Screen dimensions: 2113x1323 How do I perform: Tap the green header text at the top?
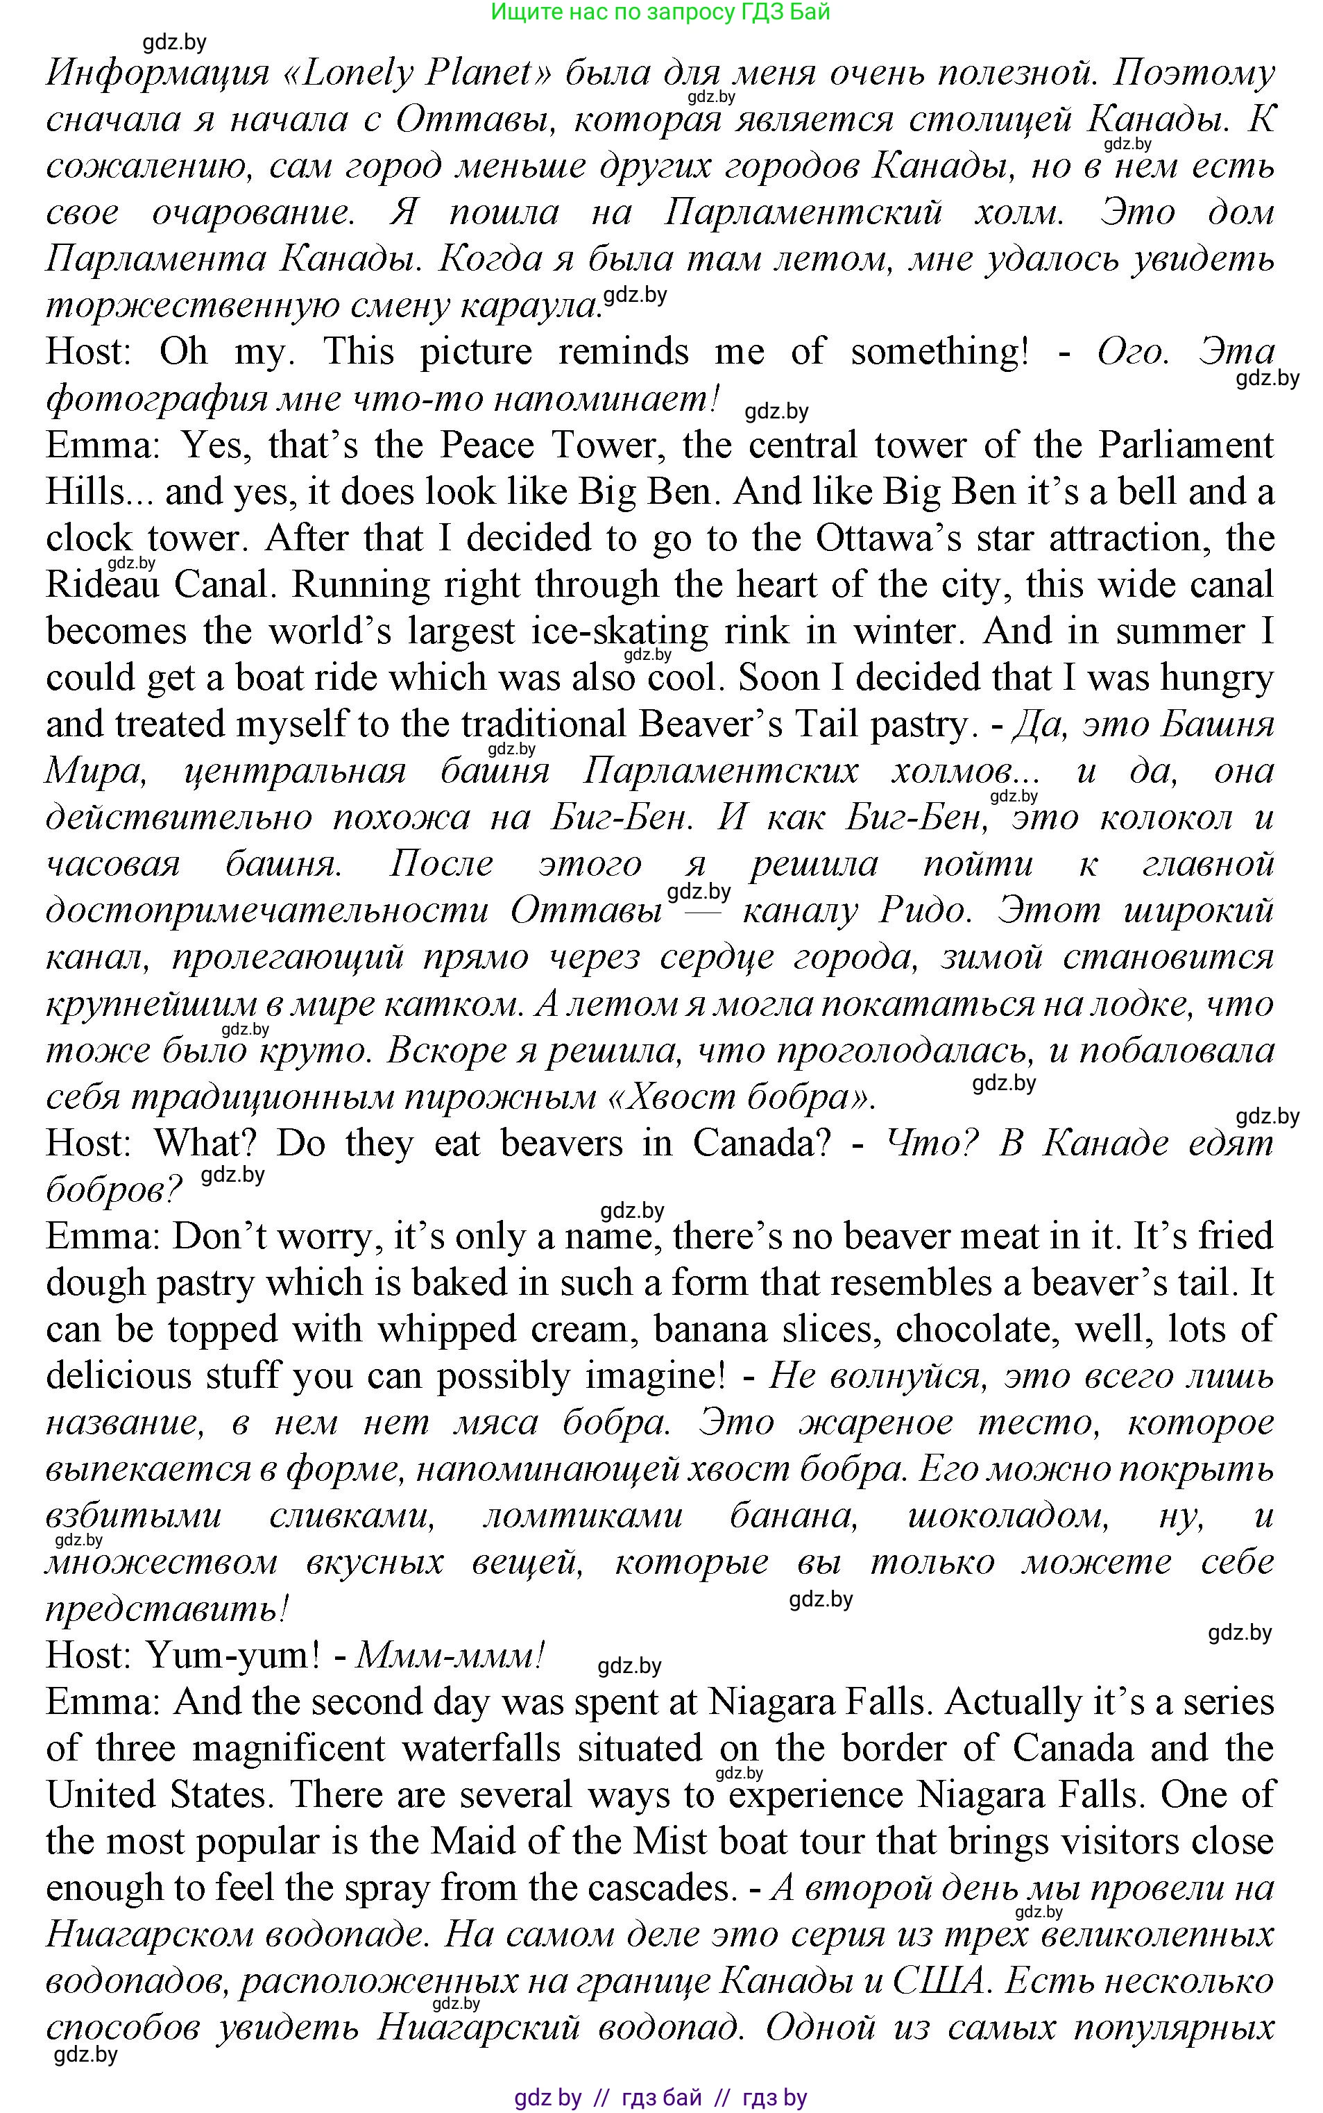[x=660, y=12]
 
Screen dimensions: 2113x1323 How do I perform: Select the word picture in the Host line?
[x=476, y=352]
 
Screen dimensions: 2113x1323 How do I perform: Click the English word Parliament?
[x=1186, y=445]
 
